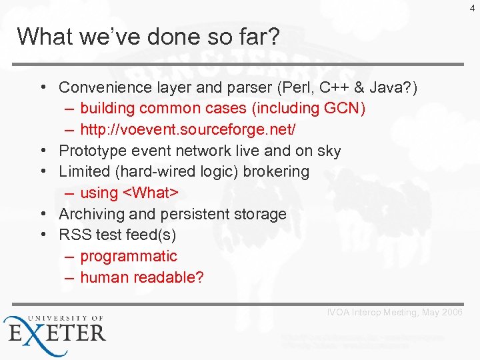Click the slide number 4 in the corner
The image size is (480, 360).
click(473, 9)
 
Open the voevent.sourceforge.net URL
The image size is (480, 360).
click(188, 129)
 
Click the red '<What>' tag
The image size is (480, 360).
click(150, 193)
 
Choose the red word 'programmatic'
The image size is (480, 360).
click(129, 256)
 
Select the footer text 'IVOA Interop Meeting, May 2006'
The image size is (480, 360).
click(395, 313)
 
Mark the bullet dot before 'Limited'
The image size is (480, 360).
click(42, 171)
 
